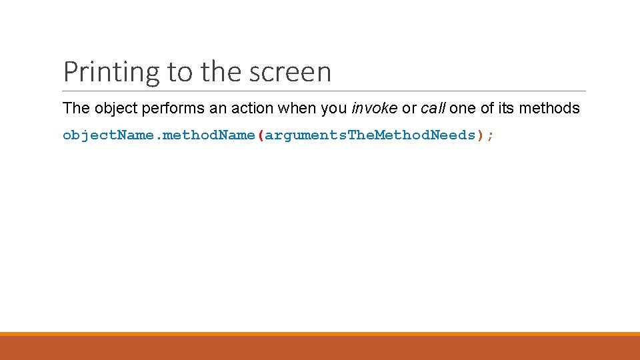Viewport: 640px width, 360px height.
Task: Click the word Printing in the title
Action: click(112, 72)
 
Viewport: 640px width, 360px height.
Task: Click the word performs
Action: click(168, 109)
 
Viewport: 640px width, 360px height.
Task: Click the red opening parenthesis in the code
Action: click(261, 135)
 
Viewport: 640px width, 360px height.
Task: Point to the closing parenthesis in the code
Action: click(480, 135)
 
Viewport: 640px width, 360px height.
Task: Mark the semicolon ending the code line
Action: click(491, 135)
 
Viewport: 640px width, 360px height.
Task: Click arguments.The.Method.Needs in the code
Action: click(371, 135)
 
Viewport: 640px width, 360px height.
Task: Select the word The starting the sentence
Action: click(75, 109)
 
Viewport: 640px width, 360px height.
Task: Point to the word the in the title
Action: click(217, 72)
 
